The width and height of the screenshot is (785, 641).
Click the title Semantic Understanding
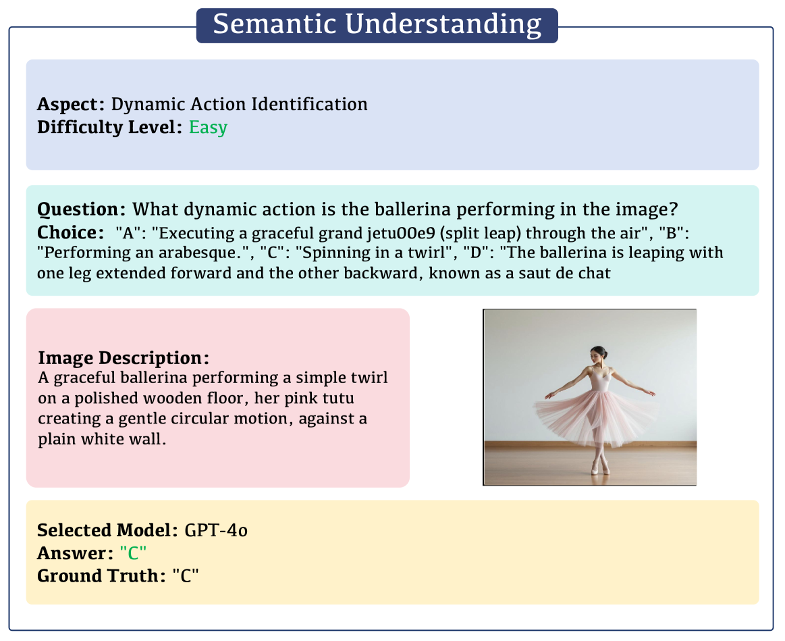(x=377, y=24)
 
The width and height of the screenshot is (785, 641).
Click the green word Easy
(x=209, y=127)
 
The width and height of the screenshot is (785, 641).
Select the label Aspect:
(x=71, y=104)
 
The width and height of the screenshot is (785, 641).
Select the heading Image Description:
(x=124, y=358)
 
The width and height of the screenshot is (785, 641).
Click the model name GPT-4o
(x=216, y=530)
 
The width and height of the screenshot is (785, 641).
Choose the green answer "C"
(x=133, y=553)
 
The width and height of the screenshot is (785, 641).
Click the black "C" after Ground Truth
(x=186, y=576)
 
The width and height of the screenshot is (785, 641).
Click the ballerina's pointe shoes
(x=600, y=467)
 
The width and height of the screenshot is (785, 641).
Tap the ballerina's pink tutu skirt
(x=596, y=416)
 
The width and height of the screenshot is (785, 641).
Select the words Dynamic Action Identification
(x=240, y=104)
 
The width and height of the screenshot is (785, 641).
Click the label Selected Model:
(x=107, y=530)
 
